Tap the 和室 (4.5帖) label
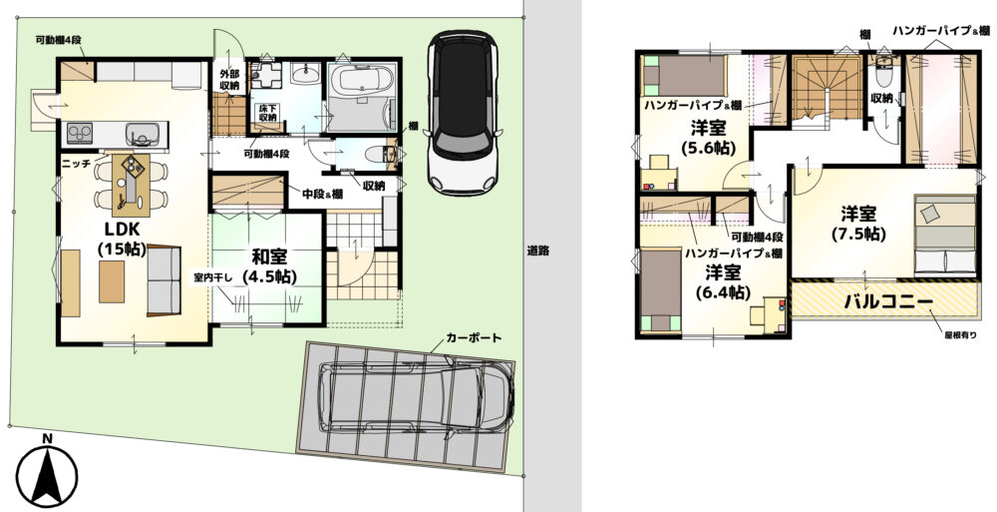click(x=269, y=266)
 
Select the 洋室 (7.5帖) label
click(x=858, y=223)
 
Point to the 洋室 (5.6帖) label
click(x=708, y=138)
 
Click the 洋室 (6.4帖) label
click(x=722, y=282)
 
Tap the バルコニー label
click(x=887, y=301)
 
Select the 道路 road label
click(x=538, y=251)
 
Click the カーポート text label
click(x=474, y=338)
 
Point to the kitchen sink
click(x=142, y=133)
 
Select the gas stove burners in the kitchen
click(x=80, y=133)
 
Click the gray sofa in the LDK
click(x=165, y=280)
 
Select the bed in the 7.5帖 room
click(x=945, y=234)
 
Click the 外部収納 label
click(x=229, y=79)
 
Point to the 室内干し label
click(x=211, y=277)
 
